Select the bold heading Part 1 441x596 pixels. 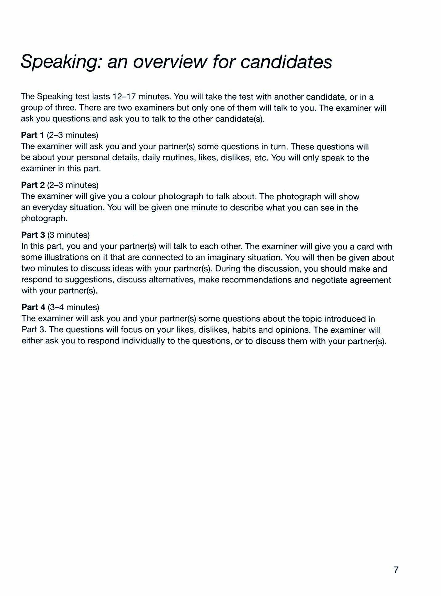click(x=33, y=135)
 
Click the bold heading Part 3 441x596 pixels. click(x=33, y=235)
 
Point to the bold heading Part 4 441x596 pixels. click(x=33, y=307)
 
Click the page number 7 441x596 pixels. click(x=396, y=570)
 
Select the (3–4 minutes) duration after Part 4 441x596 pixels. click(x=73, y=307)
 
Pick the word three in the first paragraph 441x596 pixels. click(x=65, y=108)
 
